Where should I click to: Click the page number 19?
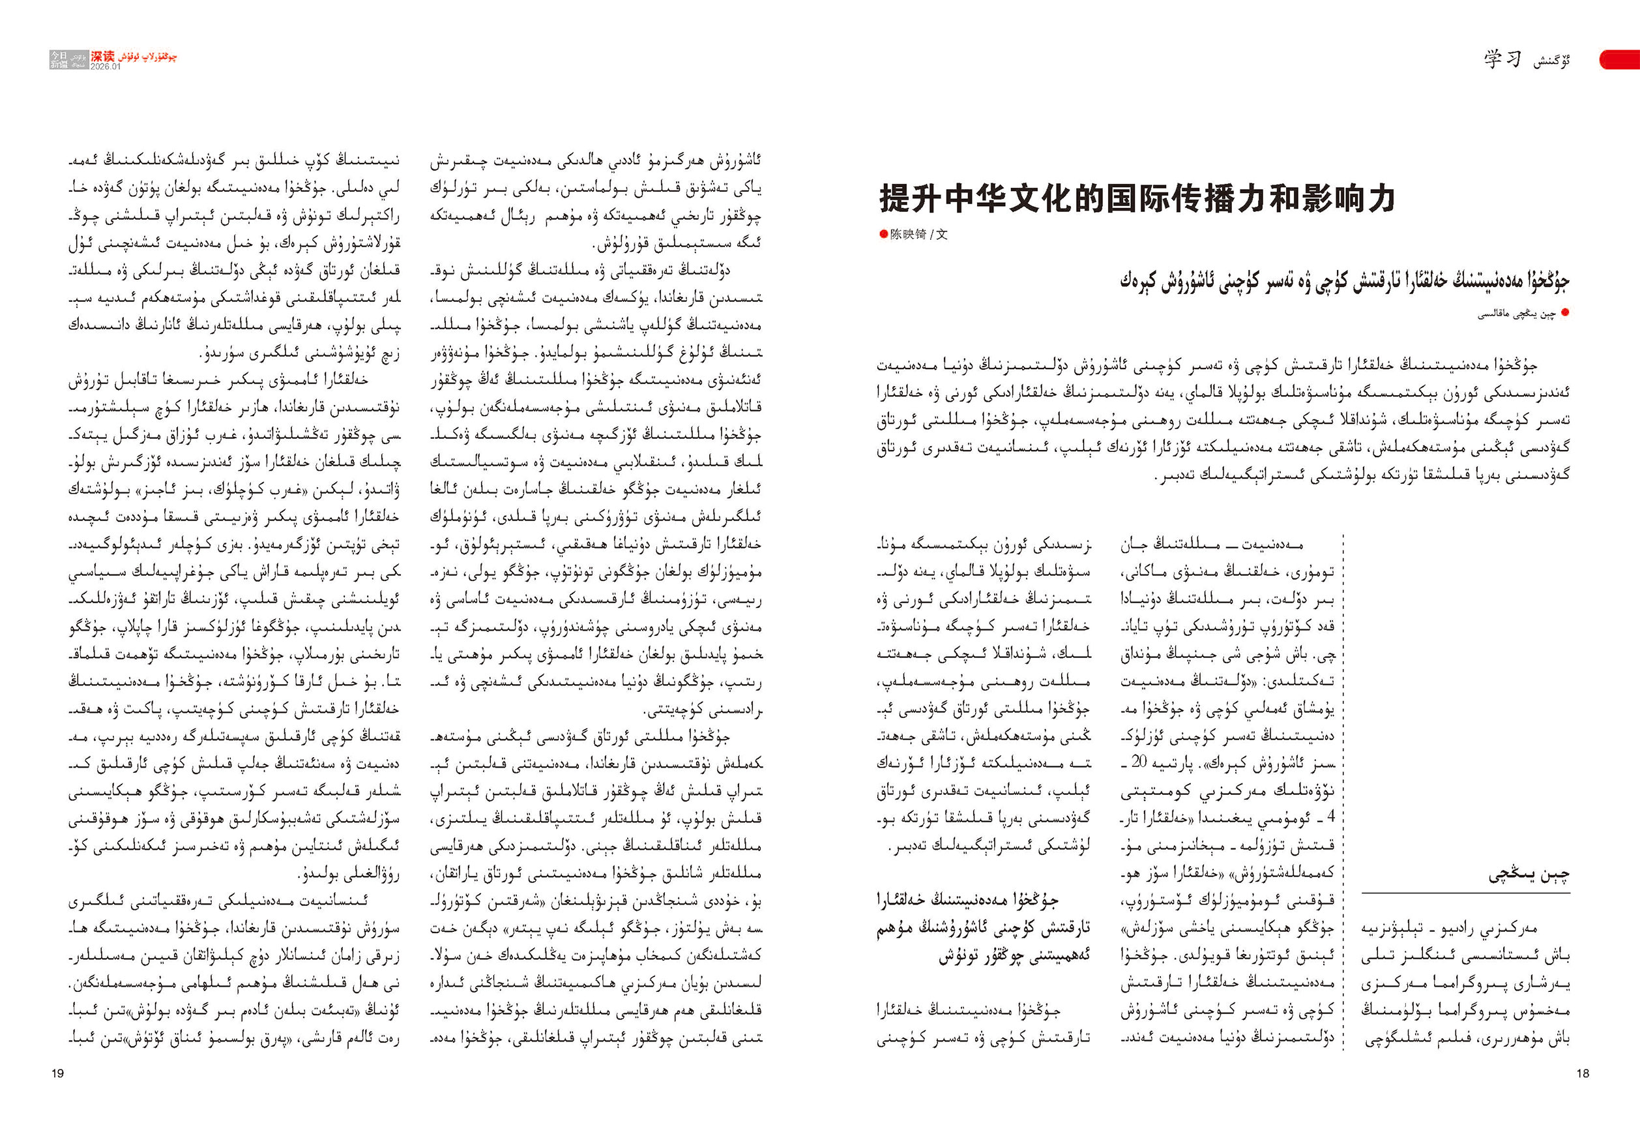click(x=58, y=1073)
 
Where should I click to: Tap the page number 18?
click(x=1582, y=1073)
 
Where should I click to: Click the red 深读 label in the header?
click(x=102, y=56)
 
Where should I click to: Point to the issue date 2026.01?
click(x=105, y=67)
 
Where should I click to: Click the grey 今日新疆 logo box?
click(x=59, y=59)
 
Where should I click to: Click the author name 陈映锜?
click(x=907, y=234)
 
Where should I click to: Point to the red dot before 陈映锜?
click(x=883, y=234)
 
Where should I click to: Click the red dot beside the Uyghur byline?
click(x=1564, y=313)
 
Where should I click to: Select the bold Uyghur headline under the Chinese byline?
click(x=1343, y=281)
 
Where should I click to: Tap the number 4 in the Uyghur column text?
click(x=1331, y=816)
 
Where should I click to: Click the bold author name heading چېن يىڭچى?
click(x=1529, y=875)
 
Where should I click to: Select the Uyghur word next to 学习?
click(x=1551, y=61)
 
